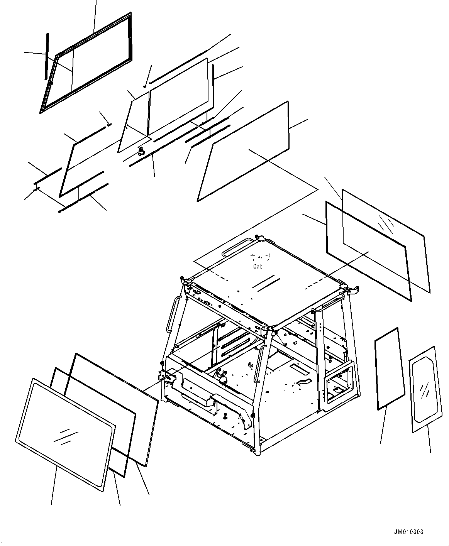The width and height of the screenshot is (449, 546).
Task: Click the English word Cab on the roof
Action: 258,266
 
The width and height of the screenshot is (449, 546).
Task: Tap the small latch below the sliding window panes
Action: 142,151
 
